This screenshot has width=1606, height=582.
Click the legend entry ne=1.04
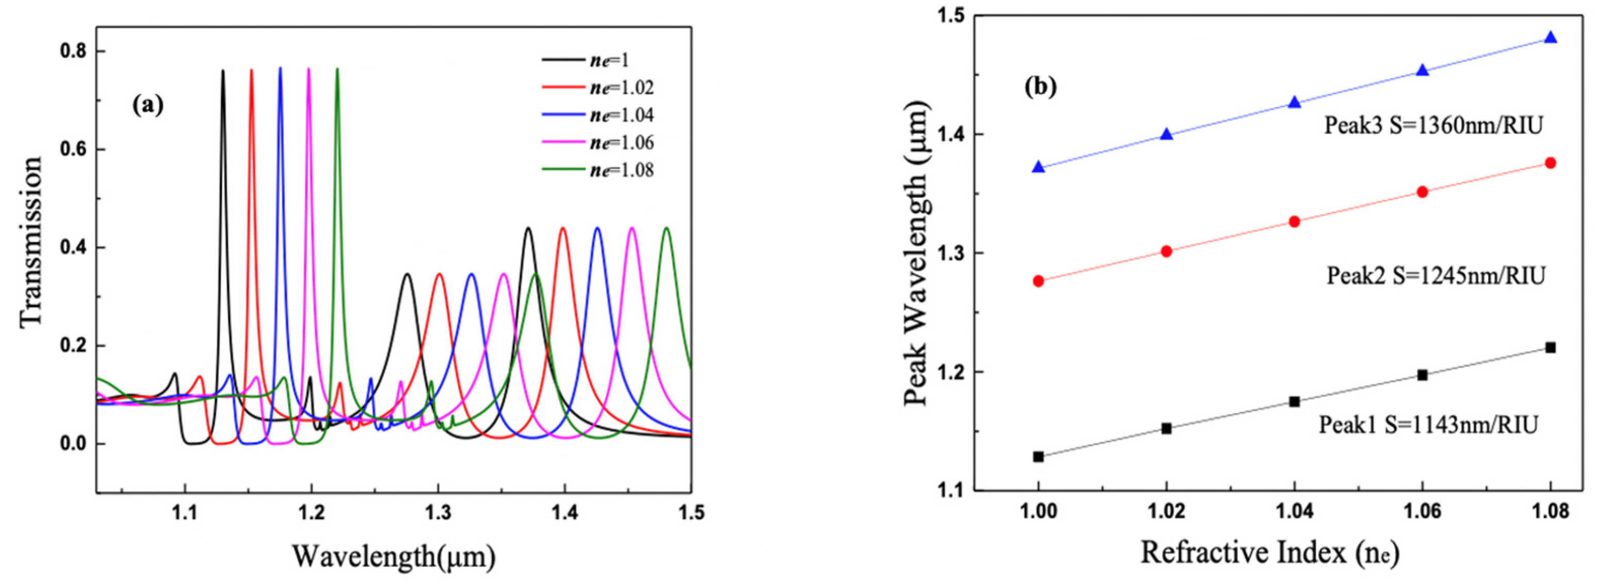(x=621, y=115)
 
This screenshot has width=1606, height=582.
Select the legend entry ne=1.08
(x=621, y=170)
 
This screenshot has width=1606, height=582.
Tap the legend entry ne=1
(x=610, y=60)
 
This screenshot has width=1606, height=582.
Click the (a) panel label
(x=148, y=105)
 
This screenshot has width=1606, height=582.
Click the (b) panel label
(x=1041, y=87)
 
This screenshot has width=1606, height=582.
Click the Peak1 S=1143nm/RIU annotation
(x=1428, y=425)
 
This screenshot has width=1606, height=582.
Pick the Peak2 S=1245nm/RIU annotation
(x=1435, y=275)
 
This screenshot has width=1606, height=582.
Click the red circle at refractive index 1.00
(x=1038, y=281)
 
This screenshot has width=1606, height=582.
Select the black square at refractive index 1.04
(x=1294, y=402)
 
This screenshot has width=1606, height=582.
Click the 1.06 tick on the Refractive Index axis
(x=1422, y=513)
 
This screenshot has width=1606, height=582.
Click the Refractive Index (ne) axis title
(x=1270, y=553)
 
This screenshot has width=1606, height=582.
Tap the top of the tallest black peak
(x=222, y=71)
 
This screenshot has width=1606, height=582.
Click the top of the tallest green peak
(x=337, y=69)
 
